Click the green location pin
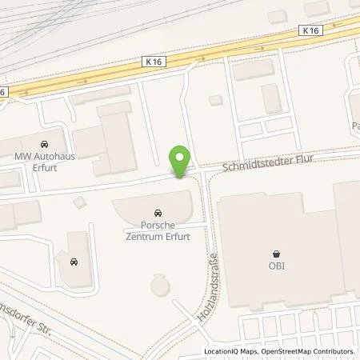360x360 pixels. click(x=181, y=161)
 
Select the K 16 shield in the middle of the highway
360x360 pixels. click(x=154, y=60)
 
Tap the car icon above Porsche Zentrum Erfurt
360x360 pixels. click(x=158, y=214)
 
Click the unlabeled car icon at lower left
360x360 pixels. click(x=74, y=261)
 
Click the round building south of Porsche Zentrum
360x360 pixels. click(x=160, y=283)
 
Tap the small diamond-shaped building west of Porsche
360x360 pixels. click(x=78, y=201)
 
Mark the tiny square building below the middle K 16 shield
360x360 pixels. click(x=214, y=100)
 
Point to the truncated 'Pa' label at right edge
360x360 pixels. click(x=354, y=126)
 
